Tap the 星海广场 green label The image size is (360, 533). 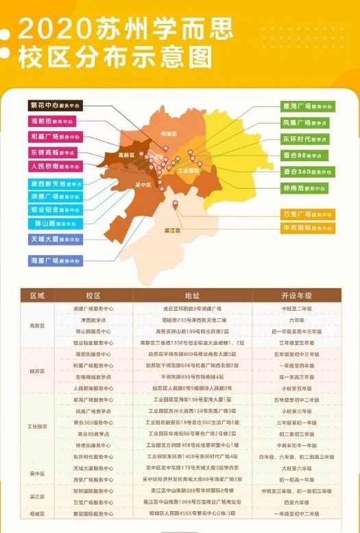307,107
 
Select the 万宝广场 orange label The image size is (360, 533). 307,214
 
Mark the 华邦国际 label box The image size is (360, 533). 307,228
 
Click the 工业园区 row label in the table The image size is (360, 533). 37,426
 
